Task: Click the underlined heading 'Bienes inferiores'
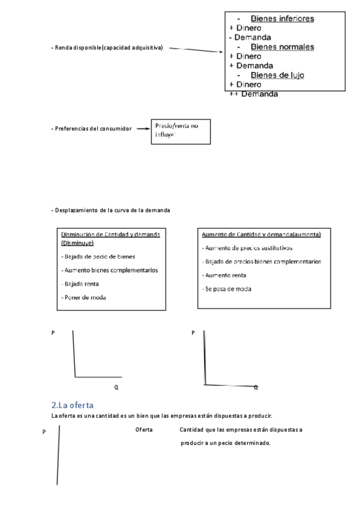(282, 19)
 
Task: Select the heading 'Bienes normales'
(282, 47)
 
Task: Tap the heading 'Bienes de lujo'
(277, 75)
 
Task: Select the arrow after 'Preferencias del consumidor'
(142, 128)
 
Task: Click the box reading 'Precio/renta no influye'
(180, 131)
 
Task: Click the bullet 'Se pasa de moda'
(226, 289)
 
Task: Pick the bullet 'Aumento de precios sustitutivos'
(247, 248)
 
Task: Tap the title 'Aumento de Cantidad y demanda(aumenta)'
(261, 234)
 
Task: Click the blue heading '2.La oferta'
(73, 406)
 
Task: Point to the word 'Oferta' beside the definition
(144, 430)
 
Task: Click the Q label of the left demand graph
(116, 388)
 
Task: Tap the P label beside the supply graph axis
(44, 432)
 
